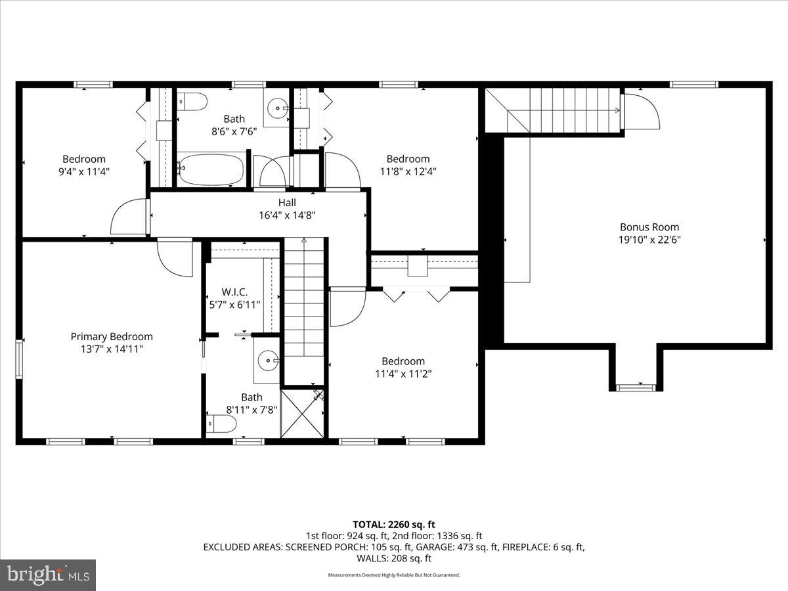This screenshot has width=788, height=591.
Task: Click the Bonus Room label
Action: pyautogui.click(x=649, y=227)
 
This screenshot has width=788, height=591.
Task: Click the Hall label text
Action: pyautogui.click(x=286, y=202)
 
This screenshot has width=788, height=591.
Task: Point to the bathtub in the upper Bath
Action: pyautogui.click(x=210, y=169)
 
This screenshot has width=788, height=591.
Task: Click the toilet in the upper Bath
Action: pyautogui.click(x=192, y=101)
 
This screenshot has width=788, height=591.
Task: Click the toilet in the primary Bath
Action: pyautogui.click(x=221, y=424)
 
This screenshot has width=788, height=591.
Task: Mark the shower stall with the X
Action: pyautogui.click(x=302, y=414)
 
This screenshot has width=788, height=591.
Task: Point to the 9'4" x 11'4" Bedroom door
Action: pyautogui.click(x=129, y=217)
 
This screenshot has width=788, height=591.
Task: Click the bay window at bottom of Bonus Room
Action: pyautogui.click(x=636, y=387)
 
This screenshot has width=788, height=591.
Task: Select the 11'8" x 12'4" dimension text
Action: pyautogui.click(x=408, y=171)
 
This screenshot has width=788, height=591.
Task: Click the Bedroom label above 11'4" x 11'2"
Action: pyautogui.click(x=403, y=361)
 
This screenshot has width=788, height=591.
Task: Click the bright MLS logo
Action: pyautogui.click(x=48, y=575)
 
